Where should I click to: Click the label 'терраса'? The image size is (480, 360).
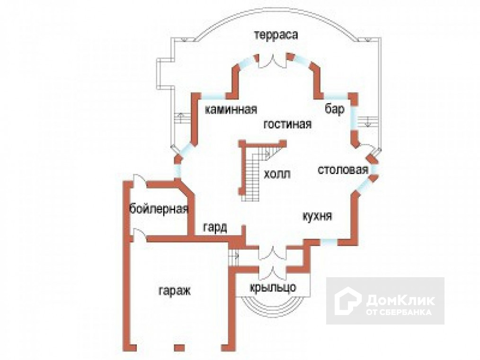276,35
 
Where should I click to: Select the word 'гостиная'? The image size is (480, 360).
287,124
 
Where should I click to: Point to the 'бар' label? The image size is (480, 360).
334,109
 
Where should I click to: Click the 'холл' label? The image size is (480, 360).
277,174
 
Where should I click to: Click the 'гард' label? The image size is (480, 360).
215,228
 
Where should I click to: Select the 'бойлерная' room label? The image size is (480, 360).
159,209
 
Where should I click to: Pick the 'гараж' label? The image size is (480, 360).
174,290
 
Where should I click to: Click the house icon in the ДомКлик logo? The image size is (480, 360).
348,302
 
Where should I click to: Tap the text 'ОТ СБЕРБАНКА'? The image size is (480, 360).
398,313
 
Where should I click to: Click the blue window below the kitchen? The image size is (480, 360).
329,242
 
